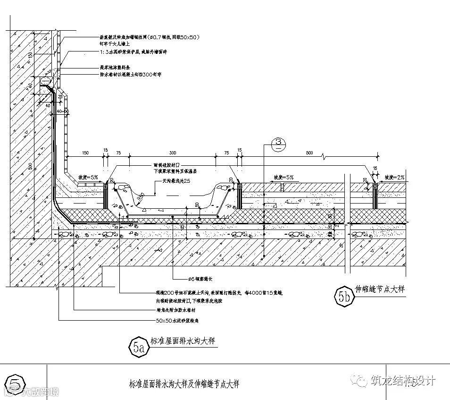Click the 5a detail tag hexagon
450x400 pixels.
click(x=138, y=348)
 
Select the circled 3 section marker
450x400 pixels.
click(x=278, y=144)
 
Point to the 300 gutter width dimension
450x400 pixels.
click(x=173, y=153)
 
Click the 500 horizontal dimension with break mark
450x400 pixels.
click(x=309, y=153)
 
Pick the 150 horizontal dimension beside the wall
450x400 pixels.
click(x=85, y=153)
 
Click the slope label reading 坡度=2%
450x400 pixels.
click(x=393, y=177)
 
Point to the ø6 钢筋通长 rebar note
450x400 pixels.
click(x=192, y=278)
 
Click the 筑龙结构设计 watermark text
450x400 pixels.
click(x=403, y=381)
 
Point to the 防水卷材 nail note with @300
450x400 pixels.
click(x=131, y=75)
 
